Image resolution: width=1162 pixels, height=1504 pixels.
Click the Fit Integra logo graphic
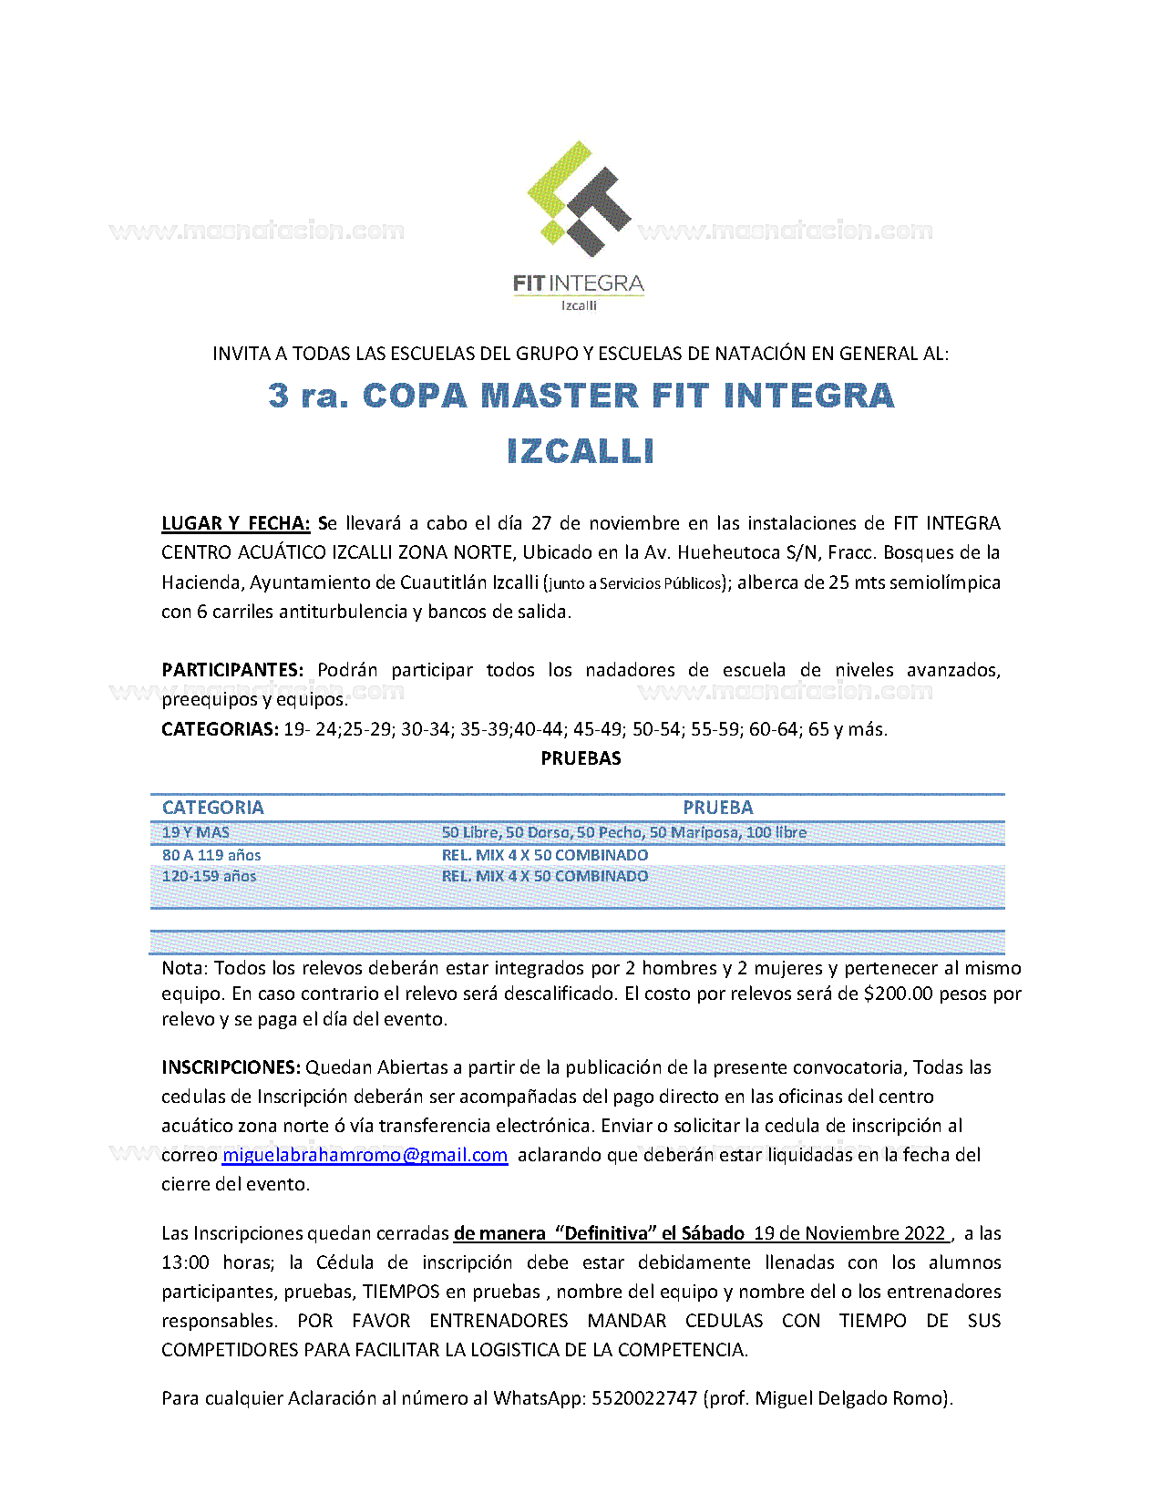coord(579,199)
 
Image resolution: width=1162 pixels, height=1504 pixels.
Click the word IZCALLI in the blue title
coord(581,451)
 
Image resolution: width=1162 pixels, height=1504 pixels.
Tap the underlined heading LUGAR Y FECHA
coord(235,523)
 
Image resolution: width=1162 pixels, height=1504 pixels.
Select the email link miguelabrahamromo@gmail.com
coord(365,1155)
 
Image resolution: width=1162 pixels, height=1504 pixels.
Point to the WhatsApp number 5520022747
coord(643,1397)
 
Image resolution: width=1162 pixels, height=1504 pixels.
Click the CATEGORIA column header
coord(212,808)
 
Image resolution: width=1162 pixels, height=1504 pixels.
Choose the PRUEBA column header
coord(717,808)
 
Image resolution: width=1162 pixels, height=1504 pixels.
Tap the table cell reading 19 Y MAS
coord(195,832)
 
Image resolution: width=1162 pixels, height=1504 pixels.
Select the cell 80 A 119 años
coord(211,855)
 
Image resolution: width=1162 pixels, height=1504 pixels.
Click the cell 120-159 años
coord(209,876)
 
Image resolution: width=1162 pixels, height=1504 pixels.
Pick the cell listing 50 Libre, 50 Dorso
coord(623,832)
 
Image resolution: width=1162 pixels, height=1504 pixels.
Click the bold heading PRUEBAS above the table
coord(581,758)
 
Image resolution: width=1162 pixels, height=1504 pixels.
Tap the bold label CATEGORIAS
coord(220,729)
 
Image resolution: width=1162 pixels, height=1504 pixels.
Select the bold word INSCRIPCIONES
coord(231,1067)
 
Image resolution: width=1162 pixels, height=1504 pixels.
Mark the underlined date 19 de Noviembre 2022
coord(849,1233)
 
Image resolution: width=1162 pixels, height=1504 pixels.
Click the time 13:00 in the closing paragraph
coord(185,1262)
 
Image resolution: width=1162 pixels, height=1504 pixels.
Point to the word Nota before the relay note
coord(184,968)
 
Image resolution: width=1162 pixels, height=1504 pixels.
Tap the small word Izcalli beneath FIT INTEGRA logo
coord(579,305)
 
